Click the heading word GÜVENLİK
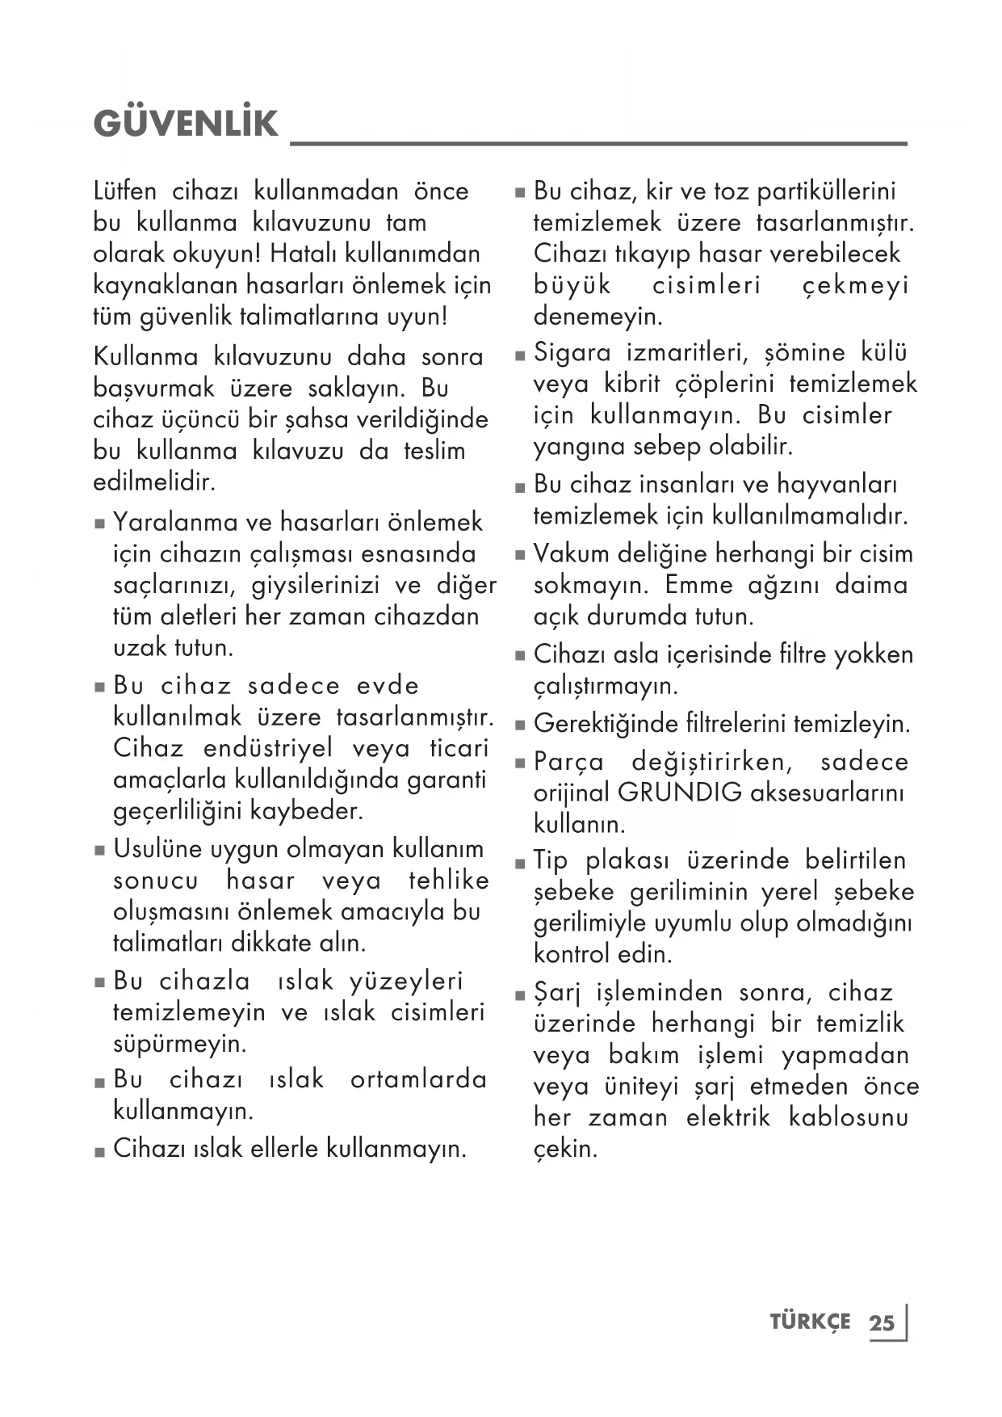185,124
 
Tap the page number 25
882,1322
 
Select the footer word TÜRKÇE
810,1322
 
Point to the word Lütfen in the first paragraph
125,191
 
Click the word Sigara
572,353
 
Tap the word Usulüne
158,848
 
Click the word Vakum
570,553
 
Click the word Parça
568,763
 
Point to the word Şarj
557,993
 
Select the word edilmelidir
154,482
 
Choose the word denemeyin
597,316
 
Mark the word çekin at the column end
565,1149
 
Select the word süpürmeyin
179,1044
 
